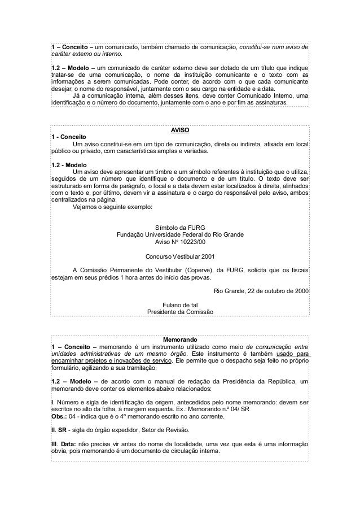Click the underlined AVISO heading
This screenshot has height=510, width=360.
click(180, 129)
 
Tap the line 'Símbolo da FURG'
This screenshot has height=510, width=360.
click(180, 228)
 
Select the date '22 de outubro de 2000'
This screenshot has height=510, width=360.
click(275, 291)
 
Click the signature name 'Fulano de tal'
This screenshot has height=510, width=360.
click(180, 304)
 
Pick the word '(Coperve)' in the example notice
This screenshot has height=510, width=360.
click(205, 270)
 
